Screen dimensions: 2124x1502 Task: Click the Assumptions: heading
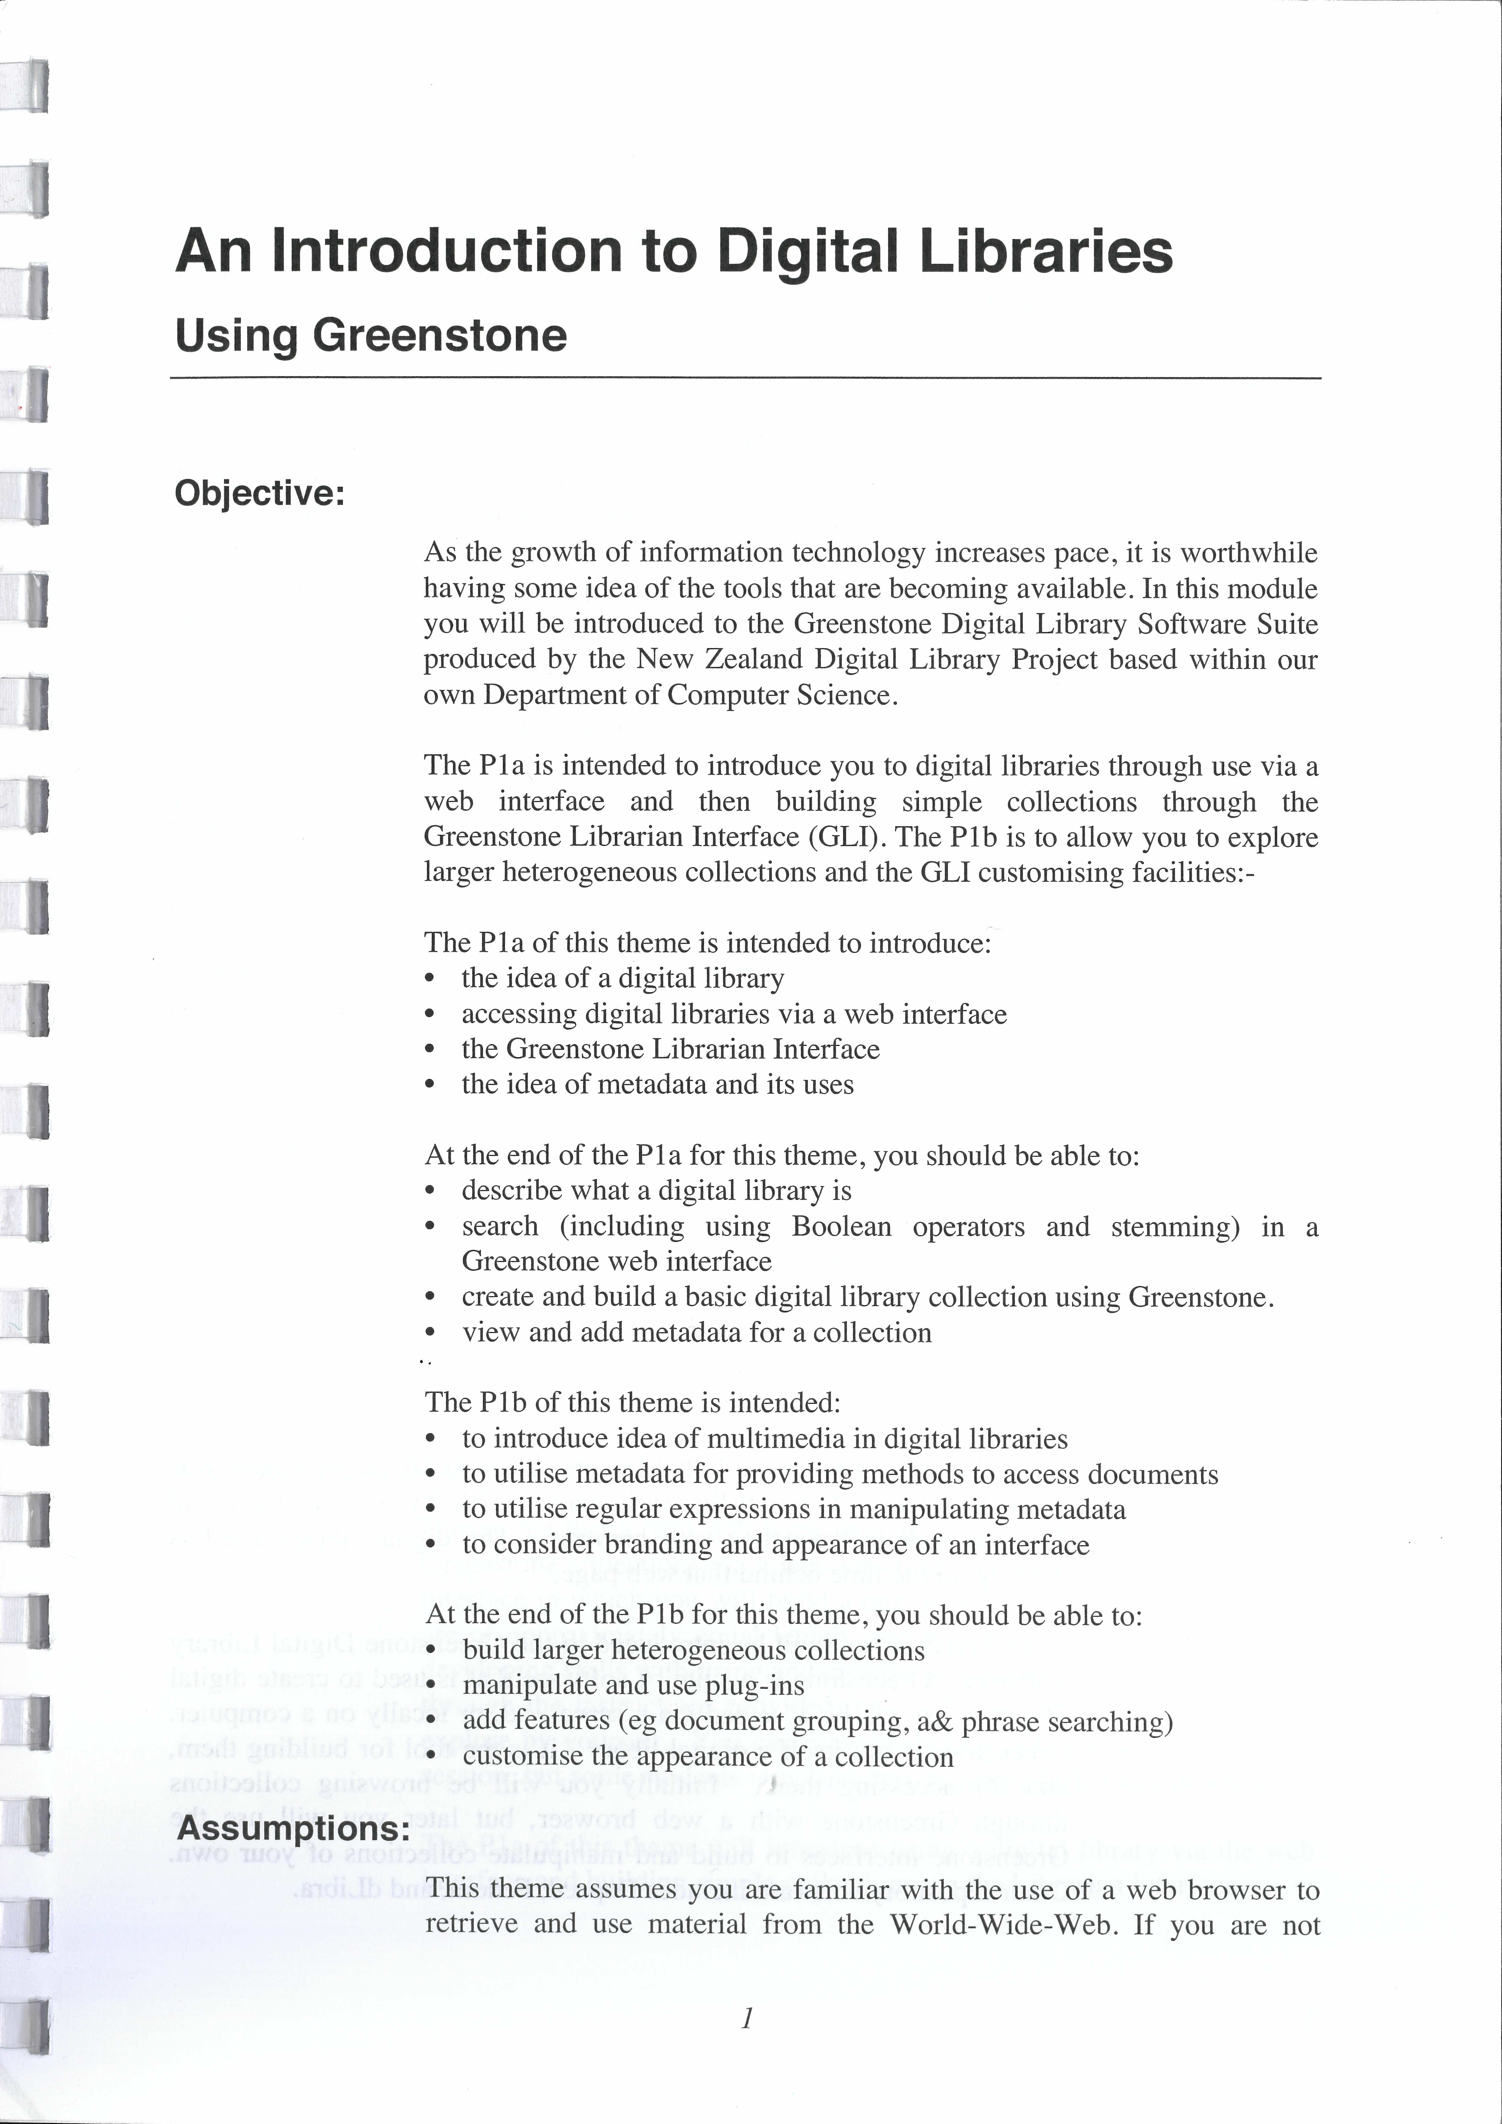pyautogui.click(x=293, y=1828)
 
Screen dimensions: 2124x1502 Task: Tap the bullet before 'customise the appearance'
pyautogui.click(x=430, y=1757)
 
